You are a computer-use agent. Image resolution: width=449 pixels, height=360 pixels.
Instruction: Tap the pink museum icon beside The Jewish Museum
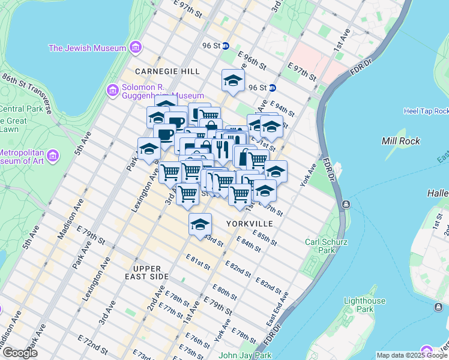pos(136,47)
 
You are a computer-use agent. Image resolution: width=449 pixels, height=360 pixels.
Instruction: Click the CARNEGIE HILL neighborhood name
pos(167,71)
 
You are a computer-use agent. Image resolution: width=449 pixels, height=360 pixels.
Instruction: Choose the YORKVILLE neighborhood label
pos(250,223)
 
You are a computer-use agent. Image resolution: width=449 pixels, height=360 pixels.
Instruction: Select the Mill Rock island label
pos(401,140)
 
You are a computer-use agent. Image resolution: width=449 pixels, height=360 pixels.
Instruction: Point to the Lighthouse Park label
pos(364,304)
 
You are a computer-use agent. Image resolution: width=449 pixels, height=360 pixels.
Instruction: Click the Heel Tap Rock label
pos(426,111)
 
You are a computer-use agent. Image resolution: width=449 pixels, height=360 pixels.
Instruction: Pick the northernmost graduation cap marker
pos(232,80)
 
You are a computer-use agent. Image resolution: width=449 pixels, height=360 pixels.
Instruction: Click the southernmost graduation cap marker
pos(200,224)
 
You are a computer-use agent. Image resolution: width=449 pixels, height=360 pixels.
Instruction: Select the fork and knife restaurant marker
pos(222,148)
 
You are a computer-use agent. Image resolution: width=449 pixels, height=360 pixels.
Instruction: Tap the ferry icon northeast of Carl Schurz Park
pos(346,205)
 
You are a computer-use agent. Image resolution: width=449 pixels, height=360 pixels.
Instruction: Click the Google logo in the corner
pos(20,353)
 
